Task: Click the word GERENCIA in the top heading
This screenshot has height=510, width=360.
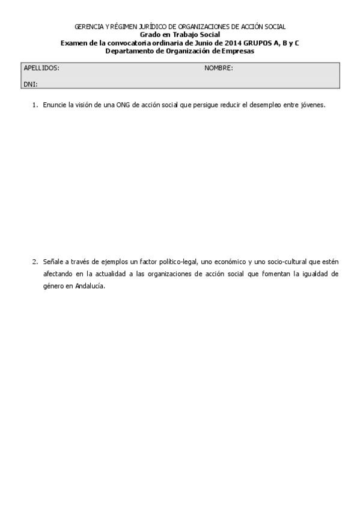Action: [x=87, y=27]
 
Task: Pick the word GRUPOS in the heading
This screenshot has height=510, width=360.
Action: [x=260, y=43]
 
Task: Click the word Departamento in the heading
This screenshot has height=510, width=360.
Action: [x=129, y=51]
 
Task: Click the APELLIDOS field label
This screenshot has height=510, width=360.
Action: [x=41, y=68]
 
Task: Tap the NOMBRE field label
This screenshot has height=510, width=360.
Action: [x=218, y=68]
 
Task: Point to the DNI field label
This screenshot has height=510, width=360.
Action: [x=30, y=85]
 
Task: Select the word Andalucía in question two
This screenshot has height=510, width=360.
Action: [x=91, y=286]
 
